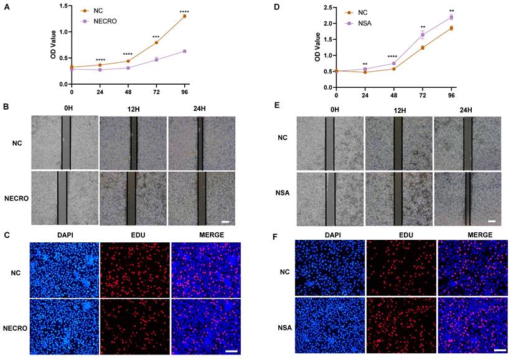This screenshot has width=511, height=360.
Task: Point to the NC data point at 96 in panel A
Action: click(185, 16)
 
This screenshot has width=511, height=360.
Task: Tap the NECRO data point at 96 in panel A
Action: click(185, 51)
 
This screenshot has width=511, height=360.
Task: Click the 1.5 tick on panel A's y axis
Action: click(63, 6)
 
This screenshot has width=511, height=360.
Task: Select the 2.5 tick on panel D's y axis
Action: click(327, 7)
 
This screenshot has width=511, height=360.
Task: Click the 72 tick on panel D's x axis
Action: click(422, 96)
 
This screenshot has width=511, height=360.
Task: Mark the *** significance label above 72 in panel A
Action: click(156, 37)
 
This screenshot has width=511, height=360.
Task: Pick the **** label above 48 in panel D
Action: click(393, 57)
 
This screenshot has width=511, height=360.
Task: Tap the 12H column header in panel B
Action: click(133, 110)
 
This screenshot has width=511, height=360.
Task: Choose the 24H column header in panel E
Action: click(466, 110)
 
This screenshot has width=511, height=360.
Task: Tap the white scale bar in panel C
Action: click(232, 352)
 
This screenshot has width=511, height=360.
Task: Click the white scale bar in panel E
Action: click(492, 220)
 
